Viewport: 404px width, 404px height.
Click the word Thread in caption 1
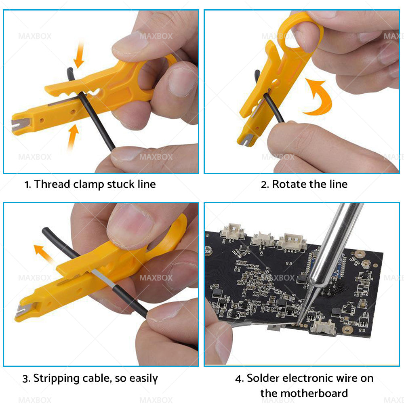pos(52,184)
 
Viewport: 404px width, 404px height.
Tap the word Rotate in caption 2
pos(289,184)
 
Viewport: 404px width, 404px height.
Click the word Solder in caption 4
pos(263,378)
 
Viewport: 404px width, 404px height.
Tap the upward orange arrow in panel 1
pos(73,137)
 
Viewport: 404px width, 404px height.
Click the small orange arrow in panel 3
pos(43,254)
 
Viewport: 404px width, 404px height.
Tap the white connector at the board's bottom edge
pos(323,327)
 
